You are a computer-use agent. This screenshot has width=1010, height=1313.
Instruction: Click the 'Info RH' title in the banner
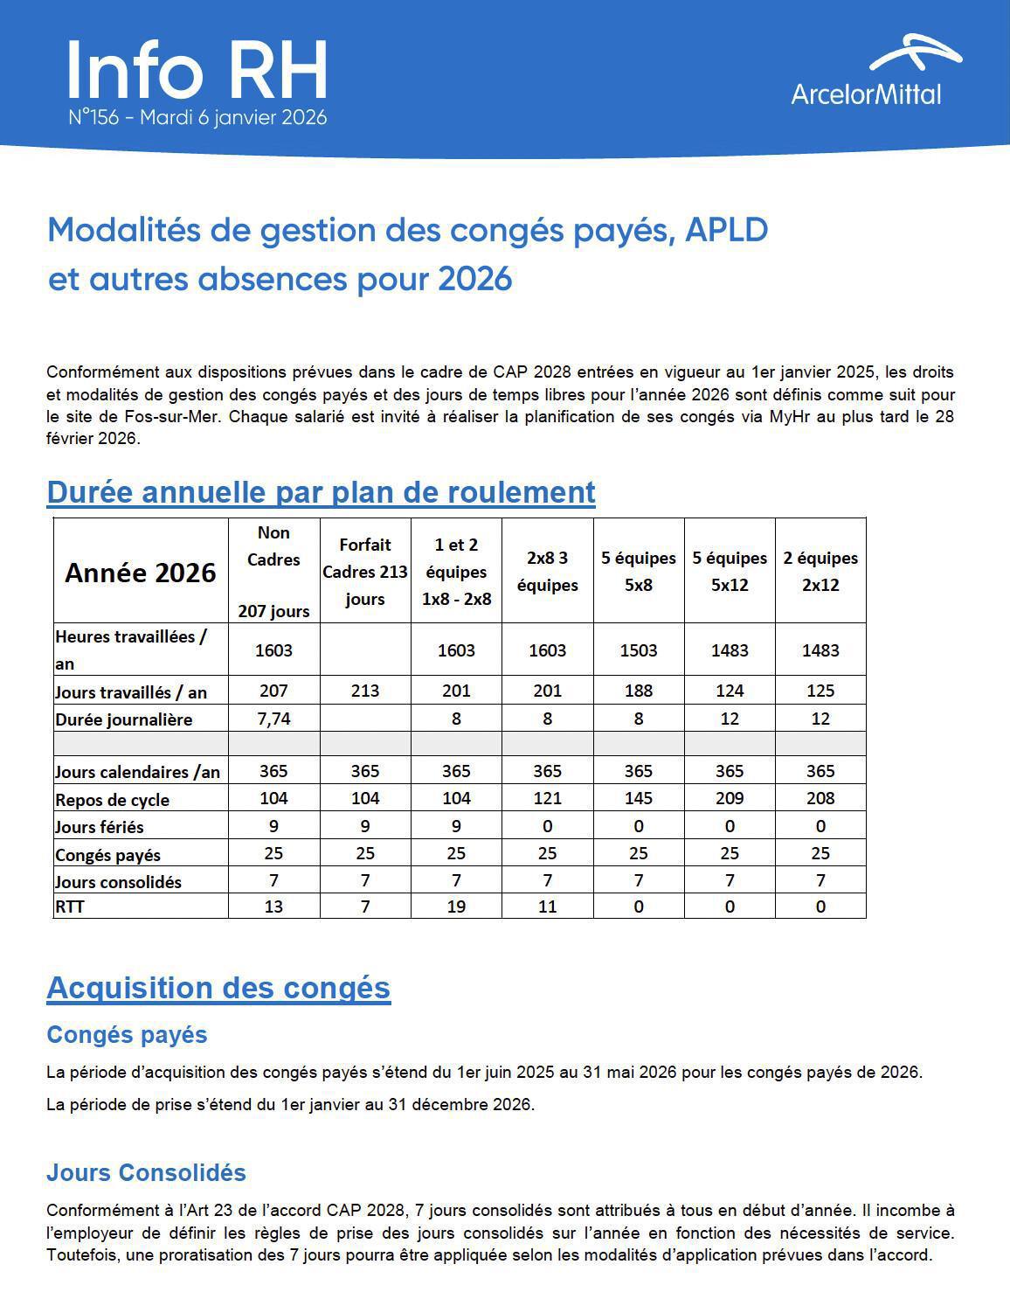click(x=197, y=70)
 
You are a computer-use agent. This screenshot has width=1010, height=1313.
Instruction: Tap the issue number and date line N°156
click(x=197, y=117)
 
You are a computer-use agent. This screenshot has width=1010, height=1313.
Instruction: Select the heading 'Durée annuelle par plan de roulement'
click(x=321, y=492)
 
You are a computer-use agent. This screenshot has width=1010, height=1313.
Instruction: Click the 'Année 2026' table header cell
click(x=141, y=573)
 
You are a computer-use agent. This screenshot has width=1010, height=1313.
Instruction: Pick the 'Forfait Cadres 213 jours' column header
click(x=365, y=572)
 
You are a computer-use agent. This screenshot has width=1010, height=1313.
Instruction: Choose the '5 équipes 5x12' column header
click(x=730, y=572)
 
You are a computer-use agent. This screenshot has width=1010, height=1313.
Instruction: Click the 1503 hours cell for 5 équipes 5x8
click(x=639, y=650)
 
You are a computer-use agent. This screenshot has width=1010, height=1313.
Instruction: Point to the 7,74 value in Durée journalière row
click(x=273, y=719)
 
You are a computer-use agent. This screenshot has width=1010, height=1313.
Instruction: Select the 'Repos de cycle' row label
click(x=113, y=800)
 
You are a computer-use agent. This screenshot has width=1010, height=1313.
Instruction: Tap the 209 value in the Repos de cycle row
click(x=730, y=798)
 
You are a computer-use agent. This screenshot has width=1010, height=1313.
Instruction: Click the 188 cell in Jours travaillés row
click(x=639, y=691)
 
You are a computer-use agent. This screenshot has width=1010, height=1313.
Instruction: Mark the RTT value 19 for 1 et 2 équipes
click(x=456, y=907)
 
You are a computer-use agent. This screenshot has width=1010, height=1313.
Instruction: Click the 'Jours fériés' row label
click(x=100, y=827)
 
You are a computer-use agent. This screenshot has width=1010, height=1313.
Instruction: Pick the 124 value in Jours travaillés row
click(x=730, y=691)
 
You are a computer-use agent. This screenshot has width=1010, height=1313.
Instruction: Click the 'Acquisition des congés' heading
click(x=218, y=988)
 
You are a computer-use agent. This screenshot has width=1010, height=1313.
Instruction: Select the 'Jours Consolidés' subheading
click(x=146, y=1173)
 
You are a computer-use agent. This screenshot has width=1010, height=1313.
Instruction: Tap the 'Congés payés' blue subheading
click(x=127, y=1035)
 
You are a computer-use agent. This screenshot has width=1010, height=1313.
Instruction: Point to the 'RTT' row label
click(x=70, y=907)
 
